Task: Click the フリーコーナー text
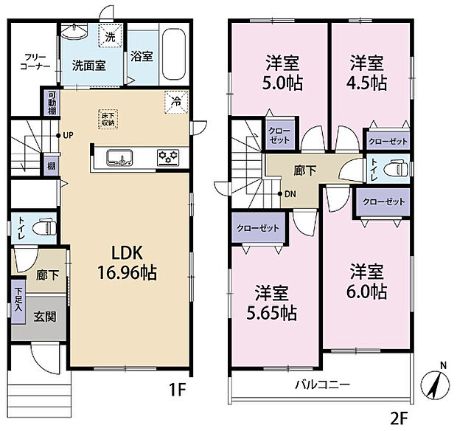click(x=35, y=61)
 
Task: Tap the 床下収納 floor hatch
click(x=108, y=119)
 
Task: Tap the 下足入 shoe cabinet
click(x=18, y=302)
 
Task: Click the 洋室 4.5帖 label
click(x=368, y=72)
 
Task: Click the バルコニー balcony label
click(x=323, y=385)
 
